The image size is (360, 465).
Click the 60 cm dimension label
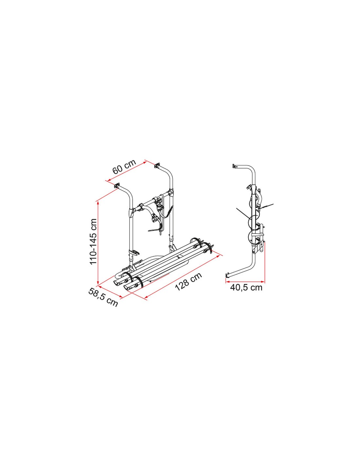tap(124, 167)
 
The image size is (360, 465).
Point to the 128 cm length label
tap(189, 282)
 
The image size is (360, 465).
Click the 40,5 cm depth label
tap(246, 288)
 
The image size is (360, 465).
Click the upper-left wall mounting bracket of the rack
tap(117, 185)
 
